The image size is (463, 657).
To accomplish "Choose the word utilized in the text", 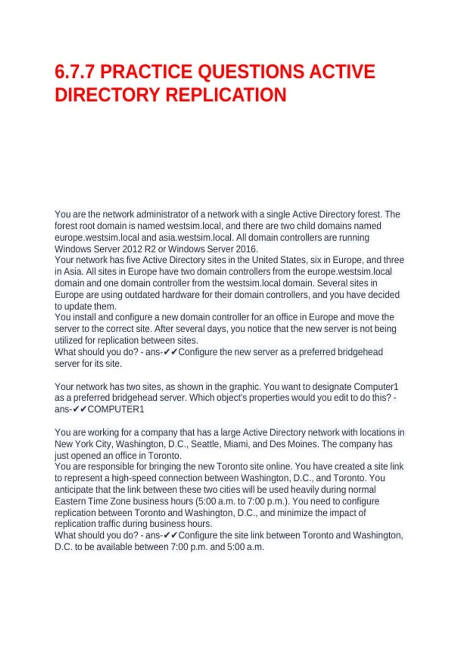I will (x=68, y=340).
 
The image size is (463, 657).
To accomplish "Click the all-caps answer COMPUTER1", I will (x=116, y=409).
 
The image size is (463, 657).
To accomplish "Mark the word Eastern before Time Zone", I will (x=70, y=501).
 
